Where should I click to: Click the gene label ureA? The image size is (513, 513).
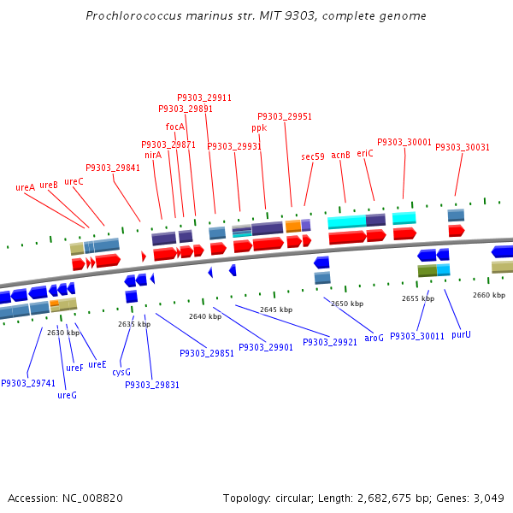(x=25, y=187)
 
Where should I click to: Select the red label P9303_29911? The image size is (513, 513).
(x=204, y=97)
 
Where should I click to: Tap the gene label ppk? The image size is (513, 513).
(x=259, y=127)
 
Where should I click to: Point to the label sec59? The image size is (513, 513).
(x=313, y=156)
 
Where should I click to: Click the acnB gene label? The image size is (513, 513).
(x=340, y=155)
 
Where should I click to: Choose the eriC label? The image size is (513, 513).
(x=365, y=153)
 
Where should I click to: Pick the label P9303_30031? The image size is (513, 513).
(x=463, y=147)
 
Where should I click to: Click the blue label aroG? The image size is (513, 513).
(x=374, y=338)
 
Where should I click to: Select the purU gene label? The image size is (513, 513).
(x=461, y=334)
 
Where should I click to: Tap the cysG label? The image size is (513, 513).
(x=121, y=372)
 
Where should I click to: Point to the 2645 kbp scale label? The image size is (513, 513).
(x=276, y=309)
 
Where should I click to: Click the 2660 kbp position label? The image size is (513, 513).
(x=489, y=294)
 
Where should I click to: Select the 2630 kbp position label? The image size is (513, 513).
(x=63, y=333)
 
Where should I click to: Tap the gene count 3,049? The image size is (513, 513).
(x=488, y=498)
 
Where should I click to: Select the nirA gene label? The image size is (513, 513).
(x=153, y=155)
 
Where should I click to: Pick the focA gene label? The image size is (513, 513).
(x=174, y=127)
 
